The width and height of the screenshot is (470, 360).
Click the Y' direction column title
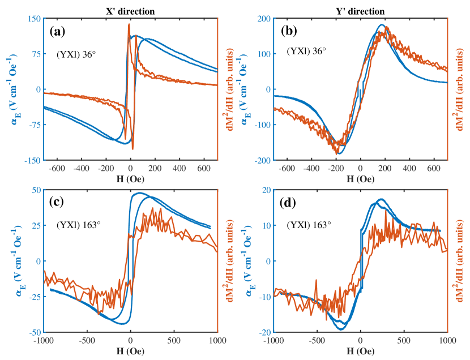[x=360, y=11]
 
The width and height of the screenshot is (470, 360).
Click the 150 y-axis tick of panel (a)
[x=34, y=18]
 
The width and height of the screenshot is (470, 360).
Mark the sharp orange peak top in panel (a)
[x=129, y=24]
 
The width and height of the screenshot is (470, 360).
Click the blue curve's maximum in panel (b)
[x=382, y=25]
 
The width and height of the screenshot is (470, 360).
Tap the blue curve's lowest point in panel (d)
[x=341, y=329]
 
